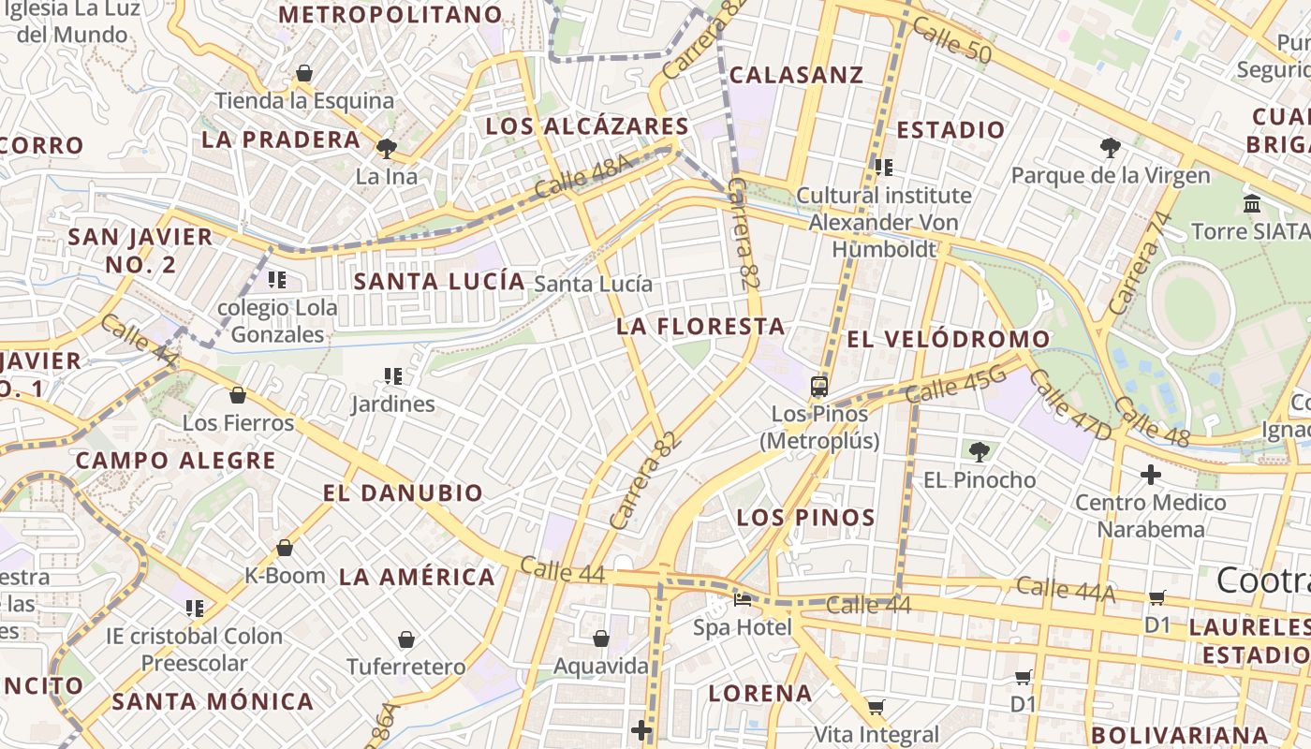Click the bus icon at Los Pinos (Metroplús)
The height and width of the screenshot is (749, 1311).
(819, 386)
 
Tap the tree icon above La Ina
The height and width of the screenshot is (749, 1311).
(386, 148)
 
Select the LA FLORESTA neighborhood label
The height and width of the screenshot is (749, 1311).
(700, 326)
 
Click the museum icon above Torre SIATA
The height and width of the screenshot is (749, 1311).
(1252, 203)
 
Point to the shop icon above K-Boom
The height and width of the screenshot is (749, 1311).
(285, 548)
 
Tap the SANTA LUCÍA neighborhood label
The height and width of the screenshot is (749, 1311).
(439, 281)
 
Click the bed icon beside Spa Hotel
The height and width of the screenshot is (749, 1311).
(743, 599)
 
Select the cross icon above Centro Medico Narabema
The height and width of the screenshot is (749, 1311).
(1151, 475)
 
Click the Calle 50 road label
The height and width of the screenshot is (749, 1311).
(950, 40)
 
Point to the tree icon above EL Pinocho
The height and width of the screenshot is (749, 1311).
(980, 452)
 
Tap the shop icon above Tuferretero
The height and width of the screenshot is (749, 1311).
(406, 639)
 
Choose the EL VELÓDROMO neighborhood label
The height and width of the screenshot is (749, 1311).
(948, 339)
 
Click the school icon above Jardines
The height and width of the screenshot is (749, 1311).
(393, 376)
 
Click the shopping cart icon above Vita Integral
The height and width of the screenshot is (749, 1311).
(876, 707)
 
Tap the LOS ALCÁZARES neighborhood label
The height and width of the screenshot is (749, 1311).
(587, 126)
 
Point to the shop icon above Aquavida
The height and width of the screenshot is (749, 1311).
(601, 639)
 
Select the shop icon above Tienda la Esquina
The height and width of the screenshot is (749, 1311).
(304, 73)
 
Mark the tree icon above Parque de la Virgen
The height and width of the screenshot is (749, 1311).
(1110, 147)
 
